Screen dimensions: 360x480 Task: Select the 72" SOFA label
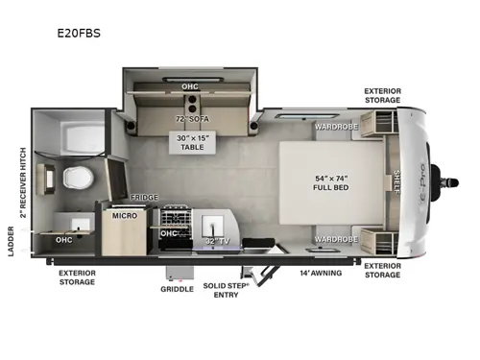(x=192, y=118)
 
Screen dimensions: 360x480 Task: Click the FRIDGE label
(x=145, y=196)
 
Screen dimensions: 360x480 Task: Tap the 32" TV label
(x=217, y=240)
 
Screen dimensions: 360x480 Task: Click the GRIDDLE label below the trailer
(x=177, y=287)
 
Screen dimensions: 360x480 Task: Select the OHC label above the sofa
(x=190, y=86)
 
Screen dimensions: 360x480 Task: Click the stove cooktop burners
(x=177, y=216)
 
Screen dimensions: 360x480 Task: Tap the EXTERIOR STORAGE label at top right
(x=382, y=96)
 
